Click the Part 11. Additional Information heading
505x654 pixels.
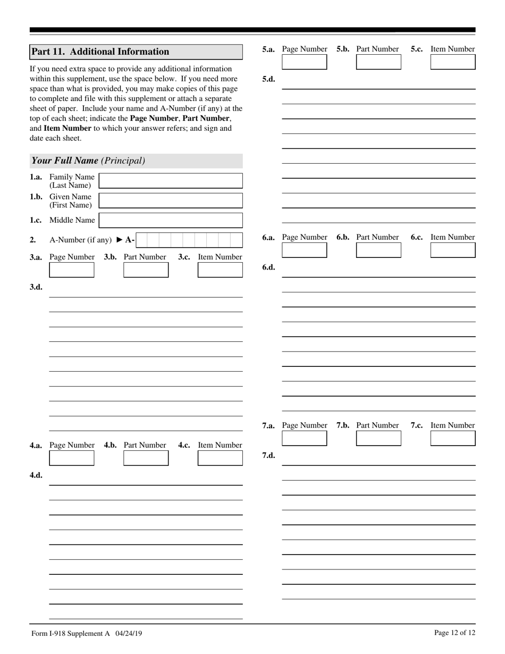pos(100,52)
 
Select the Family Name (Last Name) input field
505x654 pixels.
pos(171,181)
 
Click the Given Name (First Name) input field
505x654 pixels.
pos(171,200)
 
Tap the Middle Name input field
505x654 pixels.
pos(171,220)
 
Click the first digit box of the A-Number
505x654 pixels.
pos(141,240)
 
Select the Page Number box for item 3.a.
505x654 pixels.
pos(71,270)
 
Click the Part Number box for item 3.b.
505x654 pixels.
pos(146,270)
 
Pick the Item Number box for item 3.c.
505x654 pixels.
pos(220,270)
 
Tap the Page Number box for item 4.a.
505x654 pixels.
pos(71,458)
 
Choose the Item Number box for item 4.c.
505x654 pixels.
pos(220,458)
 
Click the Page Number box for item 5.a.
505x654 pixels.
pos(304,62)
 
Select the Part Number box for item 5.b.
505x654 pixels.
pos(378,62)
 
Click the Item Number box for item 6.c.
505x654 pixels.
pos(453,250)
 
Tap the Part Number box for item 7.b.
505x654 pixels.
pos(378,438)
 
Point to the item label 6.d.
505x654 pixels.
pos(268,267)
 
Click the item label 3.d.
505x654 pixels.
pos(36,287)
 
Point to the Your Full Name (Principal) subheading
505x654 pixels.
pos(88,161)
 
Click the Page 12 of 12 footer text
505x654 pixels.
pos(454,633)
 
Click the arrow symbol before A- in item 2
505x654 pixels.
pos(120,240)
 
